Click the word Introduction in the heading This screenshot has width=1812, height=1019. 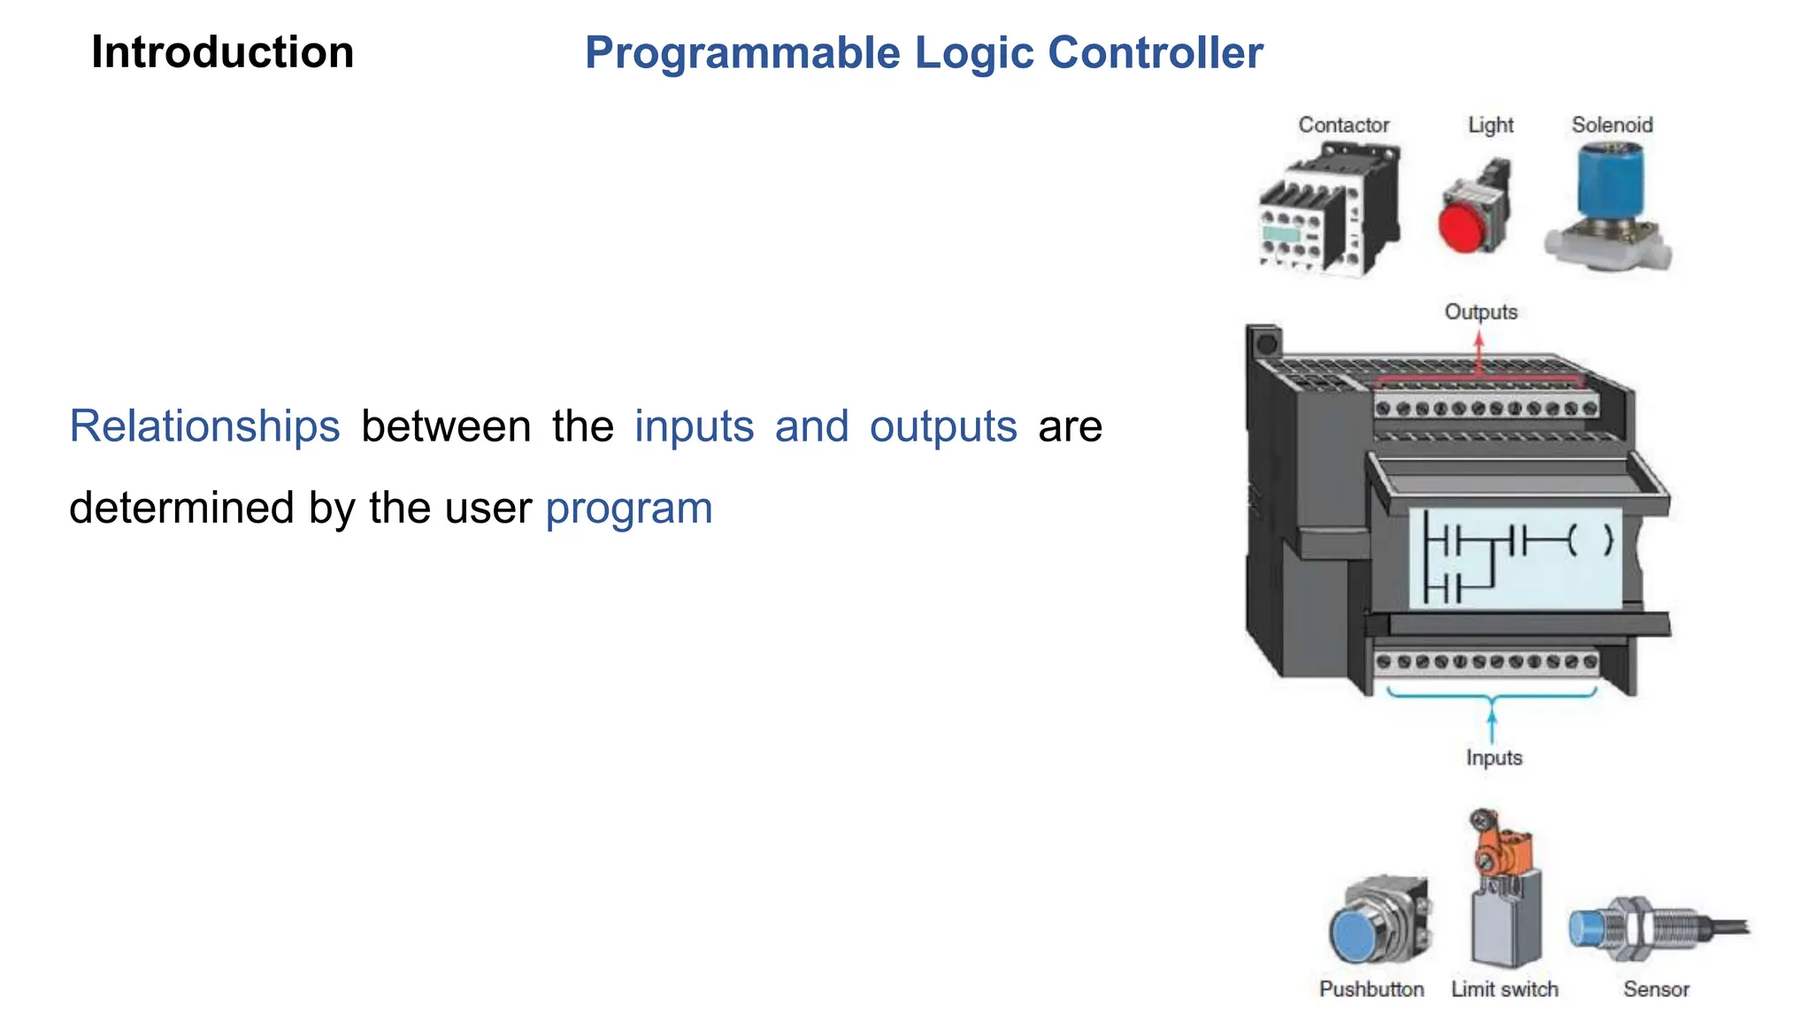222,52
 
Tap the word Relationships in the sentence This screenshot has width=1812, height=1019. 204,426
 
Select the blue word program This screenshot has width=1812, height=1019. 628,509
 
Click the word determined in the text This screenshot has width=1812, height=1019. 181,509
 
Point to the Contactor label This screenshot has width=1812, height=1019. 1343,125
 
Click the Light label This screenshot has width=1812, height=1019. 1491,125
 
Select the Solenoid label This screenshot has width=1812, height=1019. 1611,125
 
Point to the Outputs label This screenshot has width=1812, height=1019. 1480,312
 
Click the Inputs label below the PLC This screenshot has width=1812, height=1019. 1493,758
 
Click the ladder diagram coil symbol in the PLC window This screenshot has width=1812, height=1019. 1589,540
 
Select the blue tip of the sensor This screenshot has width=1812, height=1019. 1586,929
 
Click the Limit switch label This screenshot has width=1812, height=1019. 1504,989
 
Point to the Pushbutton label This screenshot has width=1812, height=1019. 1371,989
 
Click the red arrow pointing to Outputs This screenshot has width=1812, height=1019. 1478,349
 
